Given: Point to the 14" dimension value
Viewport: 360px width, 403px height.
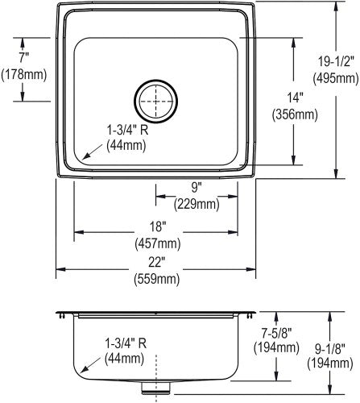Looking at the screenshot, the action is click(x=295, y=98).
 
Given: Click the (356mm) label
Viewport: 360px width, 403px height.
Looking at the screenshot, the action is click(x=295, y=114).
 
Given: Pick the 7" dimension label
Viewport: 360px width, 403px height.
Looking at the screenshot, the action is click(x=23, y=57).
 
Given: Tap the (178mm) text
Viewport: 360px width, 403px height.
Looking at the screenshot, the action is click(x=24, y=74).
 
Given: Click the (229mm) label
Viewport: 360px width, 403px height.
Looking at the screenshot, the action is click(x=197, y=205).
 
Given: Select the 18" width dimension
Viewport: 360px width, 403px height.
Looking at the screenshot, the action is click(x=157, y=226).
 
